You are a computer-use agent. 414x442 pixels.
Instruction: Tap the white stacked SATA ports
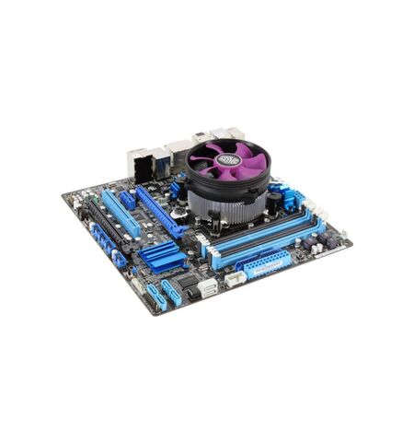point(206,288)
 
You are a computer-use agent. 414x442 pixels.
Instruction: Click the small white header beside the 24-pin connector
point(236,277)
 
